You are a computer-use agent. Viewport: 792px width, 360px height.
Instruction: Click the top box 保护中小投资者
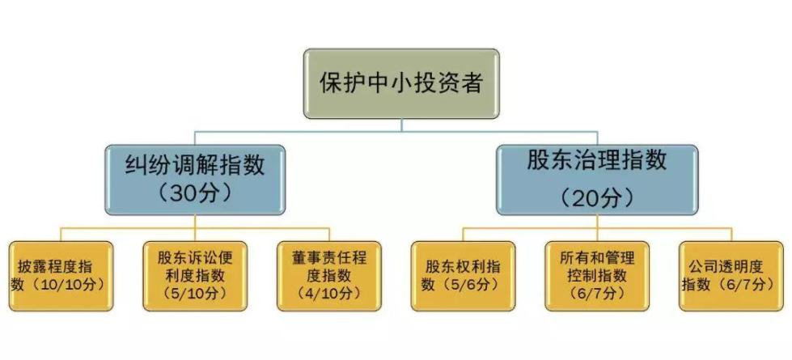[401, 83]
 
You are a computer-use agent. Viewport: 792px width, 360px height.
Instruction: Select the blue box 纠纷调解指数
[194, 180]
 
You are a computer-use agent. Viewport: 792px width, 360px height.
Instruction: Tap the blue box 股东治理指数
[597, 180]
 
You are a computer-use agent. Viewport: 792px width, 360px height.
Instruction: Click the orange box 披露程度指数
[61, 276]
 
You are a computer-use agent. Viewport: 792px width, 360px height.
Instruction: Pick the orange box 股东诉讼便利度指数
[195, 276]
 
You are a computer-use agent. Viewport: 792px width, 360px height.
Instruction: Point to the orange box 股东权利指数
[463, 276]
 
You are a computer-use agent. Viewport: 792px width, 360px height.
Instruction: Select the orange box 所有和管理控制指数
[597, 276]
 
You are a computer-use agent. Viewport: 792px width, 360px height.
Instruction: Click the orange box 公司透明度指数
[731, 276]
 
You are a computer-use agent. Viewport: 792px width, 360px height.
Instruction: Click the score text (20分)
[597, 197]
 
